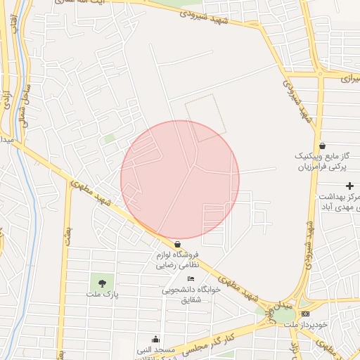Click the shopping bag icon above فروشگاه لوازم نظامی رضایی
coord(177,244)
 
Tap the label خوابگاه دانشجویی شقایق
coord(186,295)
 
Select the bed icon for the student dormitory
coord(190,279)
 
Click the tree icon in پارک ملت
coord(103,283)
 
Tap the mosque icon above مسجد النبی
coord(155,339)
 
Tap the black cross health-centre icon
coord(350,186)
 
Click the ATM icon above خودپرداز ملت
coord(304,313)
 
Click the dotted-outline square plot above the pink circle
coord(205,118)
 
